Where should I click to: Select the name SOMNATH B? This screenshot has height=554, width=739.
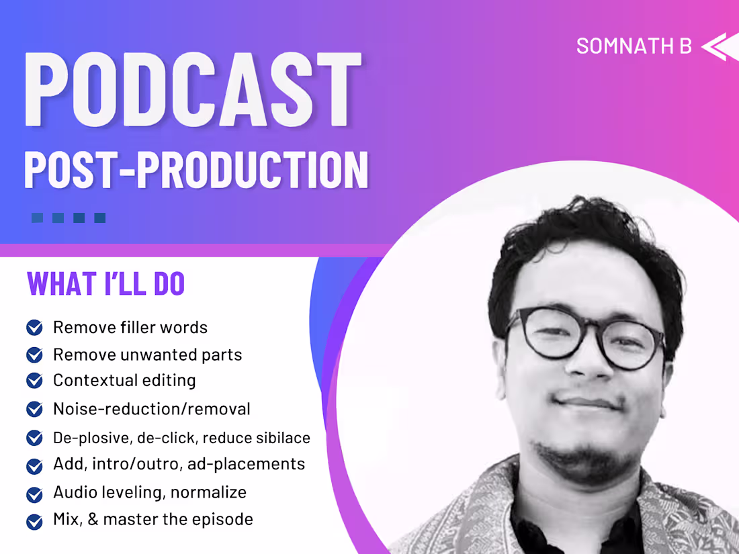point(634,46)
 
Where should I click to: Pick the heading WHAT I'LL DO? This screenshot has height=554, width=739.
point(105,284)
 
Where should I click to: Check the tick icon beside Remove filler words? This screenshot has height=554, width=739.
point(34,328)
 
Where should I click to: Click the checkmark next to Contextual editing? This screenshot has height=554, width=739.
point(34,381)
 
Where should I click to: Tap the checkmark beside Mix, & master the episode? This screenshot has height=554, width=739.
point(34,520)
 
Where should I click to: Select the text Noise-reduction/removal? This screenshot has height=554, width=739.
point(151,408)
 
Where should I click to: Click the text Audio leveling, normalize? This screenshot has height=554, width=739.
point(150,492)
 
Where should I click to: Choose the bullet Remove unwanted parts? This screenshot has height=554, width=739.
point(147,355)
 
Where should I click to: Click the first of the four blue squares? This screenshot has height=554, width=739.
point(38,218)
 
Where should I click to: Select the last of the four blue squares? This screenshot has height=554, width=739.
point(99,218)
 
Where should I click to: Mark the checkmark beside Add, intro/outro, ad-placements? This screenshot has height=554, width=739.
point(34,465)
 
